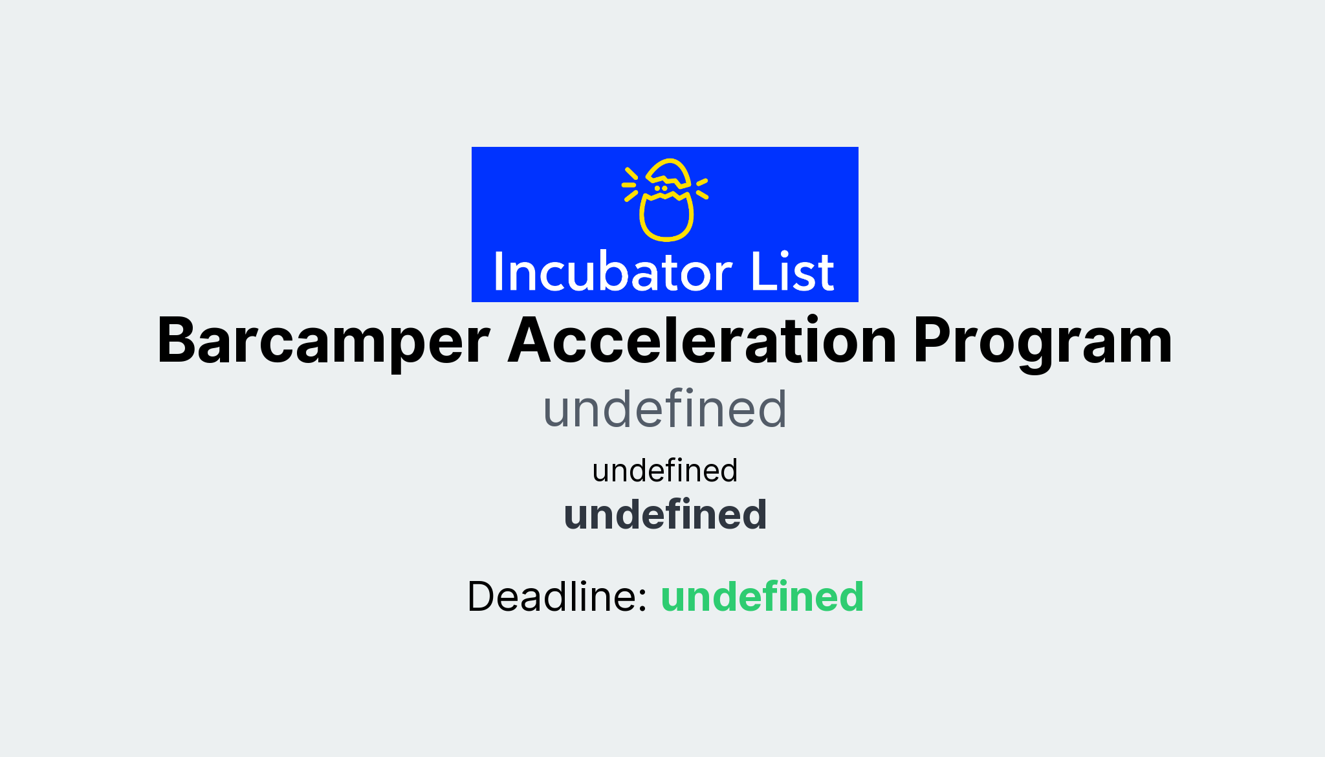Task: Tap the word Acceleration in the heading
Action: [702, 341]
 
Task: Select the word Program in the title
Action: [1042, 341]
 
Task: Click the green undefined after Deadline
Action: [761, 596]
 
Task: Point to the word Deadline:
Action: [557, 596]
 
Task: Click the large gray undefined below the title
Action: [664, 409]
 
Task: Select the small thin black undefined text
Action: [664, 470]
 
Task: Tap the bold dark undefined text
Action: [664, 514]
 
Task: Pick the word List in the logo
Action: [792, 272]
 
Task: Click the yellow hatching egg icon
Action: [666, 200]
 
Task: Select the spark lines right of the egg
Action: [702, 188]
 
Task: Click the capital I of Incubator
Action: [499, 272]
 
